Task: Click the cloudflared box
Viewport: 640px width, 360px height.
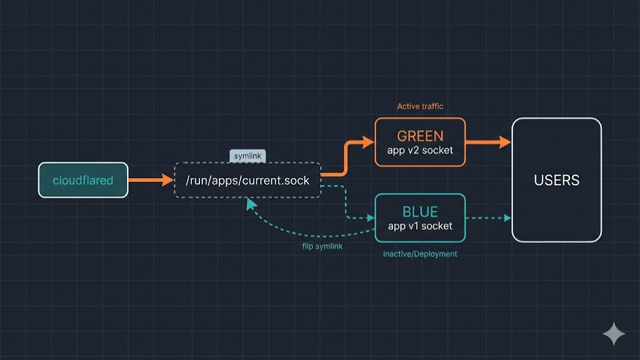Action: point(83,180)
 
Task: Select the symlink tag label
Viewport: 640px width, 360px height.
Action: point(247,156)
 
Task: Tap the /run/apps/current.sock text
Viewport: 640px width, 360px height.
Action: point(247,181)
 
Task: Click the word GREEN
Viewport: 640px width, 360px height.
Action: point(420,136)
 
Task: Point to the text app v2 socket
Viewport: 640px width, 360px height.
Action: point(420,150)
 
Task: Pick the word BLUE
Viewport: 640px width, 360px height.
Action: point(420,212)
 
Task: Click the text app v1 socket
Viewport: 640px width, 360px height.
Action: point(420,226)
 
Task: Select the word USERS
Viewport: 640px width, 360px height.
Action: point(557,181)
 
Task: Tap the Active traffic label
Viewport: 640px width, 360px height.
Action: point(420,106)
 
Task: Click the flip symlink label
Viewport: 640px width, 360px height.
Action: point(322,246)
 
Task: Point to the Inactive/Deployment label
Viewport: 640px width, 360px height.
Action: point(420,254)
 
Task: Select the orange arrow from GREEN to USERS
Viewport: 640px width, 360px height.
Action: point(487,142)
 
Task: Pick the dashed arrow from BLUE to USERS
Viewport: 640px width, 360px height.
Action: point(487,218)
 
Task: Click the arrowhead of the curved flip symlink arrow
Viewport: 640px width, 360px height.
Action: point(251,203)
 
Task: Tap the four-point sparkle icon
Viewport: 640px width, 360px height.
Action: point(614,334)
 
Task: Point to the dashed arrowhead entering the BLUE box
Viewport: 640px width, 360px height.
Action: point(370,218)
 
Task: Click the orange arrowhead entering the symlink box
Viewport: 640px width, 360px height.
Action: point(168,180)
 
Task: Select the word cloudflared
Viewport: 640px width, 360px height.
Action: point(83,181)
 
